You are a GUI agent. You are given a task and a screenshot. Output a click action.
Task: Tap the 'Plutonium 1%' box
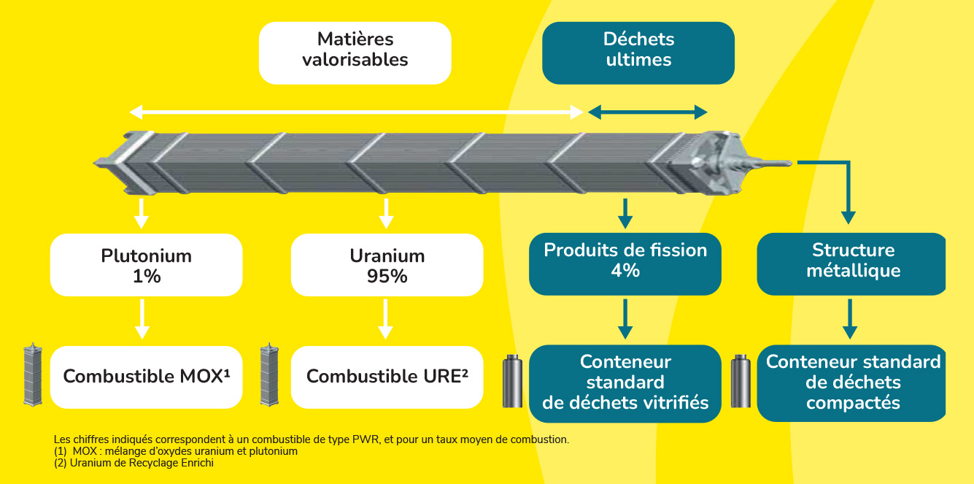click(146, 265)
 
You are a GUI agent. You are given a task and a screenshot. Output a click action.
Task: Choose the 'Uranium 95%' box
click(387, 265)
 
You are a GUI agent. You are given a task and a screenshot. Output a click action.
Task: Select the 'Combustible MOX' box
click(146, 377)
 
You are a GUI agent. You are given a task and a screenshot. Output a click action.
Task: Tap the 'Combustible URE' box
click(387, 377)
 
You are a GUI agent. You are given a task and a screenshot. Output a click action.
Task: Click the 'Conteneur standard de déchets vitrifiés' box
click(625, 383)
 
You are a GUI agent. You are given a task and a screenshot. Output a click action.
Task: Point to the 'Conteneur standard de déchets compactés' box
click(852, 383)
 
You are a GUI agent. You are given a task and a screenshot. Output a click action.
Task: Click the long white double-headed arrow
click(357, 112)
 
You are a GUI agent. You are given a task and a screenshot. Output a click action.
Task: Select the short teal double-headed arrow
click(648, 112)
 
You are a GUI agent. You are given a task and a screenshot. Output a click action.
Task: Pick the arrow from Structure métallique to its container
click(848, 318)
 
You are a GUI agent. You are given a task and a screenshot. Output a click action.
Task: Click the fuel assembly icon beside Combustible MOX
click(30, 374)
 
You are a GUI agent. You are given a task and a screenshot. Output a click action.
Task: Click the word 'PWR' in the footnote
click(365, 439)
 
